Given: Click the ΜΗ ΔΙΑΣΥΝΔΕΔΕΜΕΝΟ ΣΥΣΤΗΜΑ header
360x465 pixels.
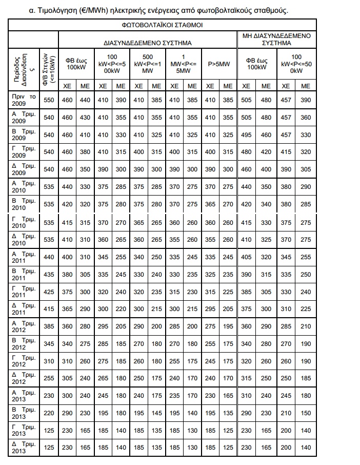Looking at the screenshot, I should [276, 39].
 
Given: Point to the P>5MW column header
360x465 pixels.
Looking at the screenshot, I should [219, 64].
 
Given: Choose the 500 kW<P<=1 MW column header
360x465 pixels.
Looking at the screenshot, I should [148, 64].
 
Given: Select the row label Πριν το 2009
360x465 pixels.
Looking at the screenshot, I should [24, 100].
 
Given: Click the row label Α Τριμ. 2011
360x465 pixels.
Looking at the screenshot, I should [24, 257].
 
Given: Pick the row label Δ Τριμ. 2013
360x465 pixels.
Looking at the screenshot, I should [24, 447].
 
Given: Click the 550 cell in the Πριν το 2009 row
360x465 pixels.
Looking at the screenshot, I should [49, 100].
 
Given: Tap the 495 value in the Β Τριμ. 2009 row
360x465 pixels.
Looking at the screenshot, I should [246, 135].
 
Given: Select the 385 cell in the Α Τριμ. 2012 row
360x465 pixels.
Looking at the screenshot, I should [49, 326].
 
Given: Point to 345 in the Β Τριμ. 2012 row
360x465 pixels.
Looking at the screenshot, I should [49, 344].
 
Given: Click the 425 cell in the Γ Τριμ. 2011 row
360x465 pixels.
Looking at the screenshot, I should [49, 292].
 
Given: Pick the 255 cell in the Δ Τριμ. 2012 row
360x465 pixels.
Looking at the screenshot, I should [49, 379].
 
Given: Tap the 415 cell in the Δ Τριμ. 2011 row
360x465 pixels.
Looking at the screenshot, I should [49, 309].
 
